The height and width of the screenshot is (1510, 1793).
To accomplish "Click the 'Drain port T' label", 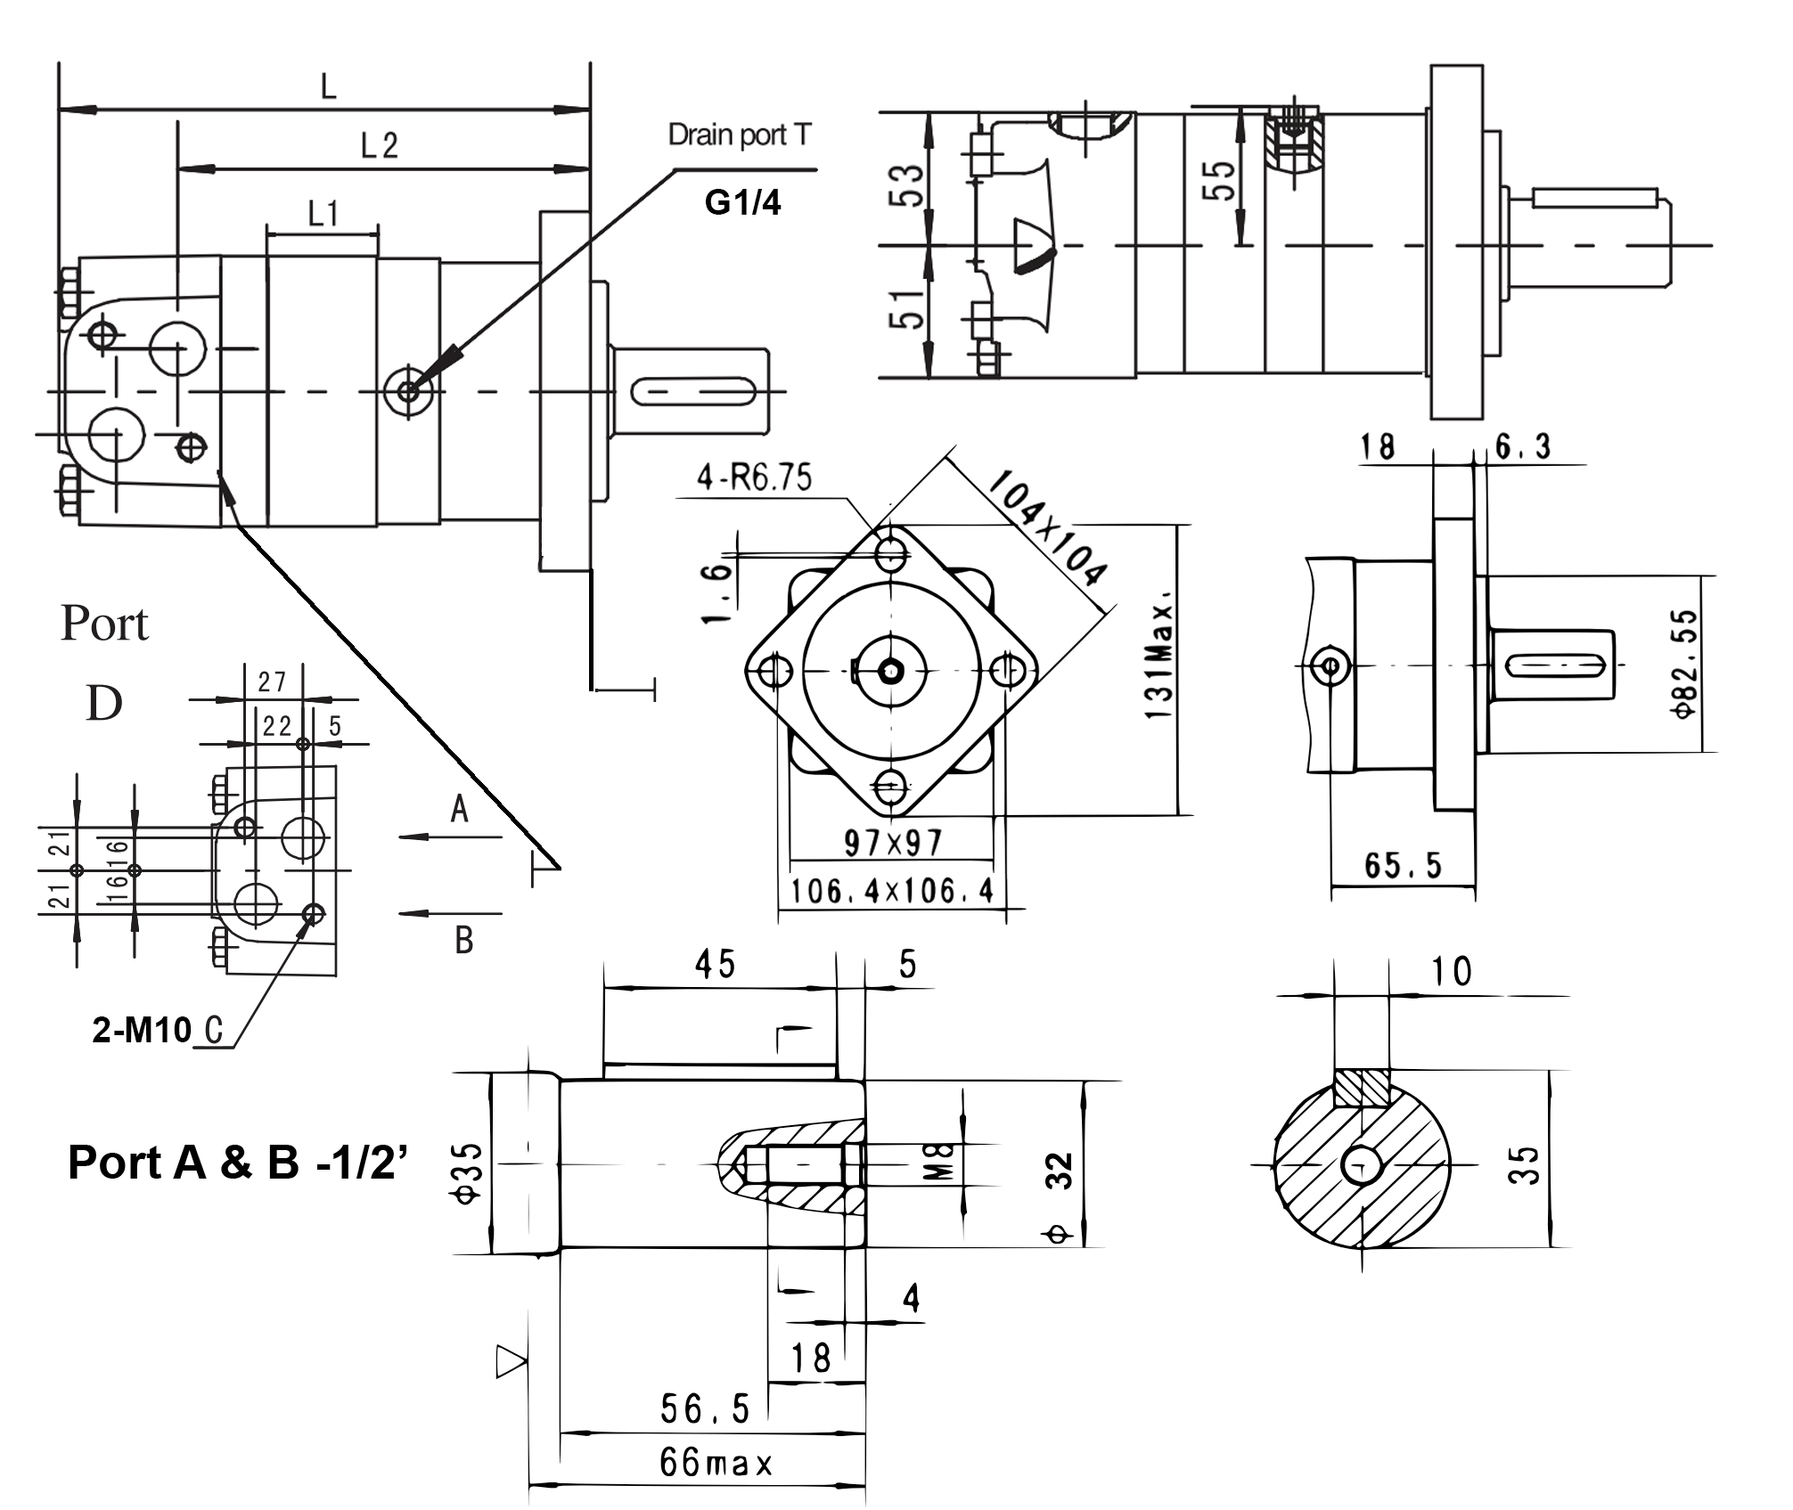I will (739, 135).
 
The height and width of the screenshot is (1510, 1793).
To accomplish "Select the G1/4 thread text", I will (742, 203).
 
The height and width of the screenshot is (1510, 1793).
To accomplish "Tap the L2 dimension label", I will (379, 145).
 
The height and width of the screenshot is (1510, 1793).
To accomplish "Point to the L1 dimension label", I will (323, 214).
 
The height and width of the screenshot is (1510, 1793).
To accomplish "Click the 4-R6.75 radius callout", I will (754, 478).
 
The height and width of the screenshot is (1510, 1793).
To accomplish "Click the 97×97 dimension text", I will (892, 842).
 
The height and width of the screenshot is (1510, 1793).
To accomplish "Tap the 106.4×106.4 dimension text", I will (892, 891).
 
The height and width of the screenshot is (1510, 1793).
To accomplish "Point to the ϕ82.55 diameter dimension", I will (1683, 663).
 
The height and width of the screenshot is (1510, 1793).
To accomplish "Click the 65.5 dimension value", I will (1402, 864).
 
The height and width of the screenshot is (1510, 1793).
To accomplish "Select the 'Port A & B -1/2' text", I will (237, 1163).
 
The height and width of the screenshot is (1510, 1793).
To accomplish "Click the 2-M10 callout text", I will (143, 1030).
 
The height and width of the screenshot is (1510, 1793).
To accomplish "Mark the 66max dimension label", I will (716, 1463).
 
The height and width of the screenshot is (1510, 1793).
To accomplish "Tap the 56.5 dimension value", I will (705, 1408).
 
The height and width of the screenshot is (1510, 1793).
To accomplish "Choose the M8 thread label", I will (945, 1162).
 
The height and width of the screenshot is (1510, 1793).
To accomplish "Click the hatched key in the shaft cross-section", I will (1361, 1088).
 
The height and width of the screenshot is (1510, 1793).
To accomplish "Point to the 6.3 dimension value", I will (1523, 445).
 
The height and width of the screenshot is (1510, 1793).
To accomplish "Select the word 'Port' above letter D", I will (104, 624).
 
